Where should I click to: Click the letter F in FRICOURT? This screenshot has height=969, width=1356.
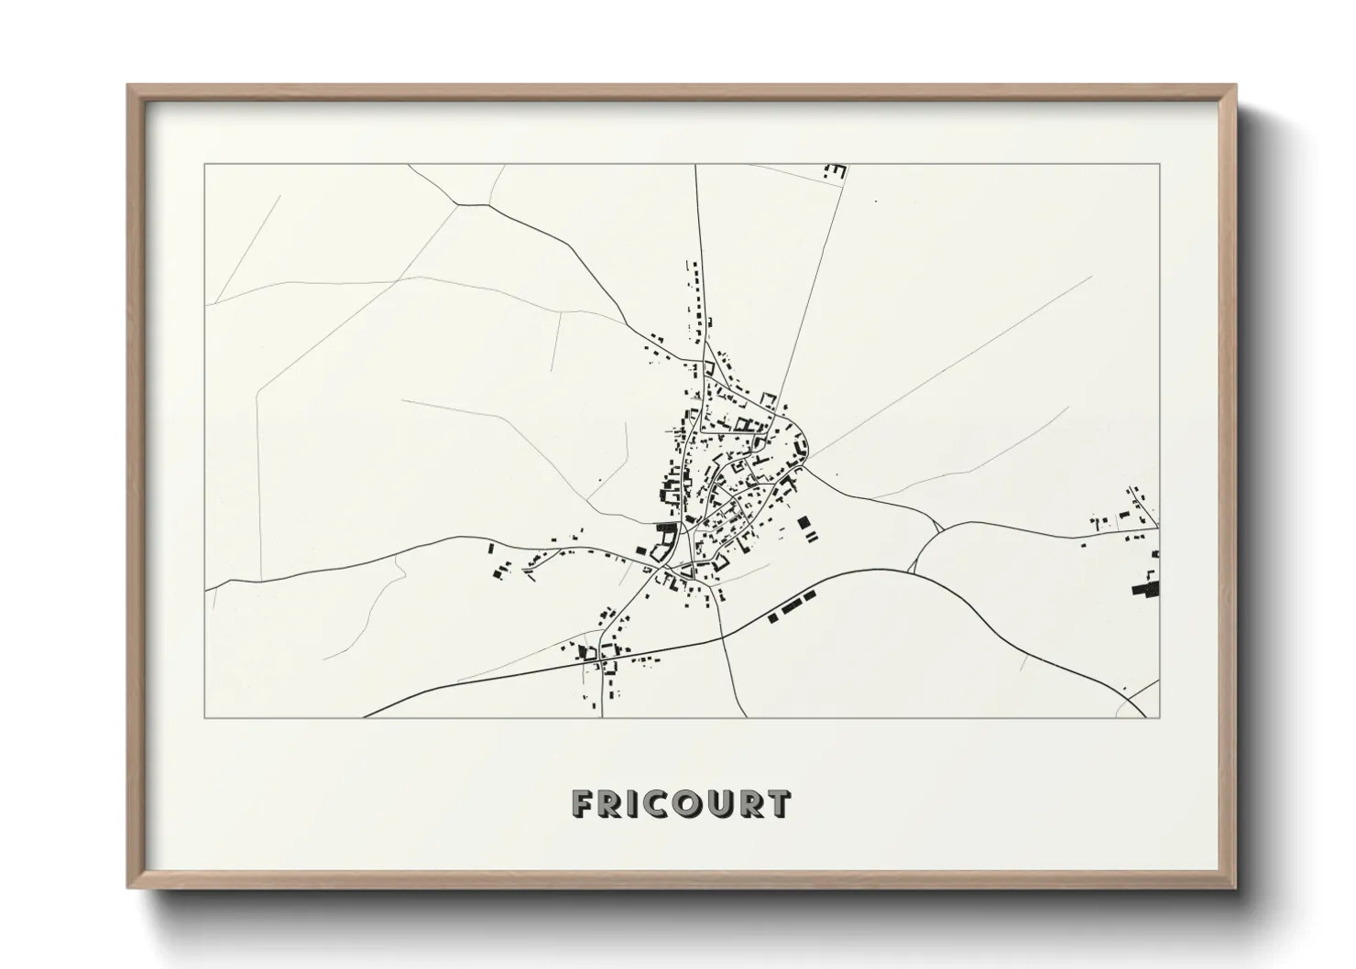[582, 804]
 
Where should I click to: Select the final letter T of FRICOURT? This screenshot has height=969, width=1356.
[778, 804]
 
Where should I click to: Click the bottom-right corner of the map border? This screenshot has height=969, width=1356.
[1159, 717]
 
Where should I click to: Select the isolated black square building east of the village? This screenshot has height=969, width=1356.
[805, 524]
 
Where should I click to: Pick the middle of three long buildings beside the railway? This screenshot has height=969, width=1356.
[792, 608]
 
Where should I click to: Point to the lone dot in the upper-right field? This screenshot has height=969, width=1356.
[875, 201]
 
